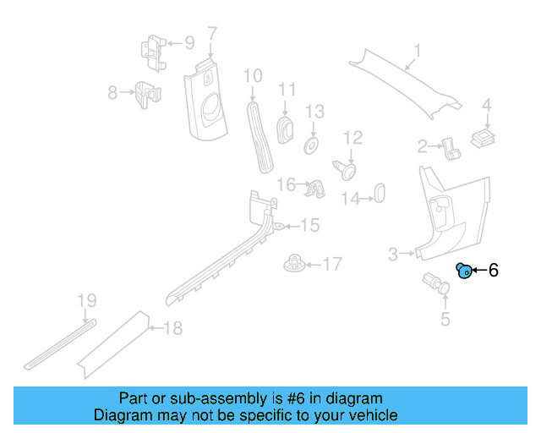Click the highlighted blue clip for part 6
pos(463,271)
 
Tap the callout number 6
pos(494,271)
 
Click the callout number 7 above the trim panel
pos(211,34)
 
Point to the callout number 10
pos(253,77)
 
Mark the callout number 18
pos(172,328)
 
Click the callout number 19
pos(87,300)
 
